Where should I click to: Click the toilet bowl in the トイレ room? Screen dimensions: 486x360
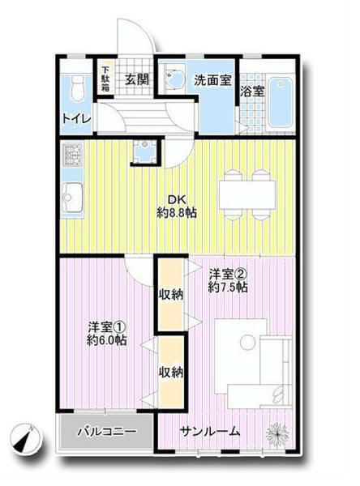click(78, 87)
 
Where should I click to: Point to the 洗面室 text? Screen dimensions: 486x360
click(212, 80)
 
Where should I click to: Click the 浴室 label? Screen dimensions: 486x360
click(251, 92)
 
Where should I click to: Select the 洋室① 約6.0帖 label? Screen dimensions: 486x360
click(107, 334)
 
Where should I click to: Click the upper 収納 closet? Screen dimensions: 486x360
click(170, 294)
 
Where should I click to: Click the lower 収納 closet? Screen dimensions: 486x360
click(170, 372)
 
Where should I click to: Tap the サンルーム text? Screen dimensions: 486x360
click(210, 431)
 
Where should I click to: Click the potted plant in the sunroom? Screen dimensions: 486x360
click(276, 432)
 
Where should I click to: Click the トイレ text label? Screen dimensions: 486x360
click(75, 118)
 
